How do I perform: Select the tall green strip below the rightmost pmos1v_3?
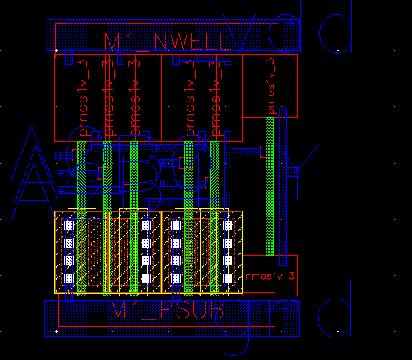270,186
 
